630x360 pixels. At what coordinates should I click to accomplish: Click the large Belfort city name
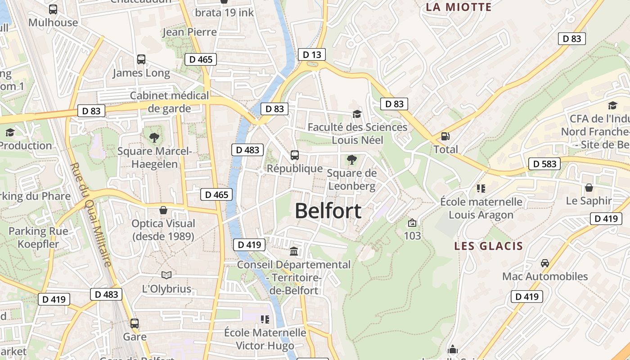(328, 211)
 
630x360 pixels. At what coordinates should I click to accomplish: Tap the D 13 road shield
(311, 55)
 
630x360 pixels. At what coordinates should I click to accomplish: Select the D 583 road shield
(544, 164)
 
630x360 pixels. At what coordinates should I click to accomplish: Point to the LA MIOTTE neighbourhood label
(459, 7)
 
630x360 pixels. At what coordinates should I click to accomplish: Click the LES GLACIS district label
(488, 246)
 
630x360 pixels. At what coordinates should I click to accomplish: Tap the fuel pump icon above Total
(445, 136)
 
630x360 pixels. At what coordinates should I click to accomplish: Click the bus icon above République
(295, 155)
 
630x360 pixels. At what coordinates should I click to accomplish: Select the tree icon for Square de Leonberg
(351, 159)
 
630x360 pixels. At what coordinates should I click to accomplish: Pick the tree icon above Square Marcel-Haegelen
(154, 138)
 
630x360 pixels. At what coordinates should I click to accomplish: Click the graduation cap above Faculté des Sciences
(357, 114)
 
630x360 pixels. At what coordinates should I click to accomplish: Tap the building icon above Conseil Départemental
(294, 251)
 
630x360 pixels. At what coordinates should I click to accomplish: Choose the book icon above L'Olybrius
(166, 275)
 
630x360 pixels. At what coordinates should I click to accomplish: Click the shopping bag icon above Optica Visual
(163, 210)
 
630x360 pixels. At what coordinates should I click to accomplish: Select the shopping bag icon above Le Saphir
(589, 187)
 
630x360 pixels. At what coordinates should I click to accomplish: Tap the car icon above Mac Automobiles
(545, 263)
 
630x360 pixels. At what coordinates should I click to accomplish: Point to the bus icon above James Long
(141, 59)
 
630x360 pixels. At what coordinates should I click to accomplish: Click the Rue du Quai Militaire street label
(90, 215)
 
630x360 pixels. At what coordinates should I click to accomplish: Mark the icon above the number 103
(412, 222)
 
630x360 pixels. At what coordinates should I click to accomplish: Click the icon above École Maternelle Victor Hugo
(265, 319)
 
